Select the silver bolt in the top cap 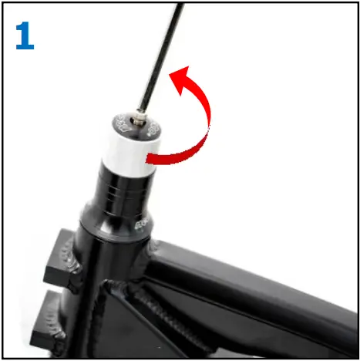(136, 118)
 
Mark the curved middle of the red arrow (204, 123)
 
